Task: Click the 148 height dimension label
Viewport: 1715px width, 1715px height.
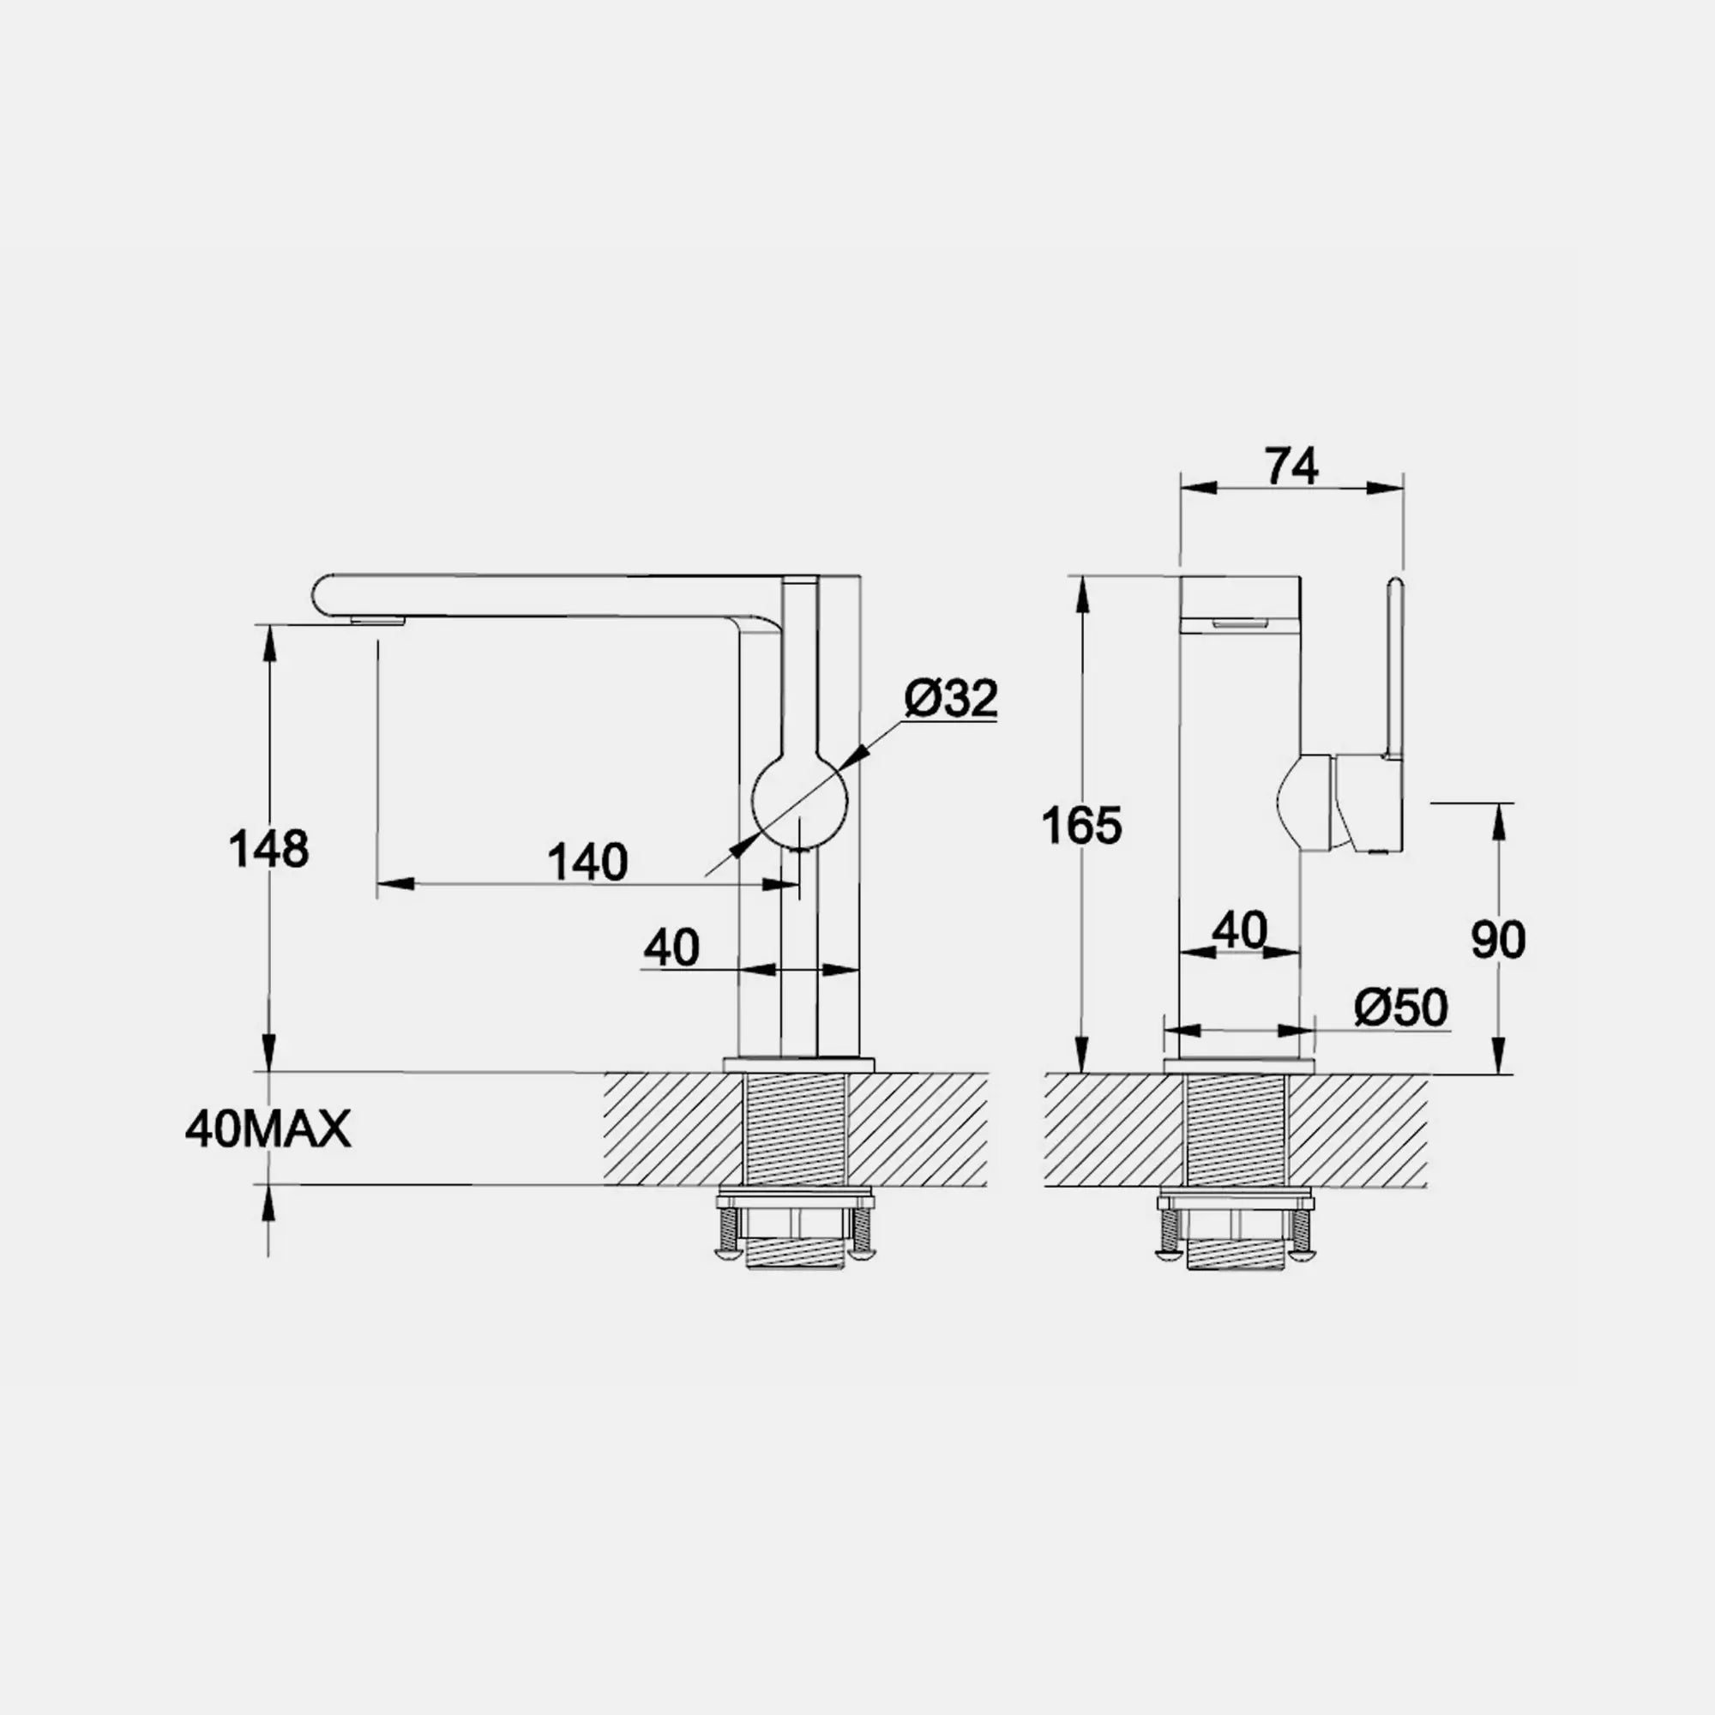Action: point(269,849)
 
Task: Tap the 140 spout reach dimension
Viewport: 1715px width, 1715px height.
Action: point(587,862)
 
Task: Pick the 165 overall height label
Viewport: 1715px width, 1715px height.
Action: point(1081,825)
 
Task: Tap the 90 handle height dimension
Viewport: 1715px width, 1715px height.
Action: point(1498,939)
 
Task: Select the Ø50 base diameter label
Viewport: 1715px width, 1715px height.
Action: point(1401,1007)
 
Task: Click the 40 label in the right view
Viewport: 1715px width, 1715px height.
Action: point(1240,930)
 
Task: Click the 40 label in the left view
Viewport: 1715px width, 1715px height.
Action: point(672,948)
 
